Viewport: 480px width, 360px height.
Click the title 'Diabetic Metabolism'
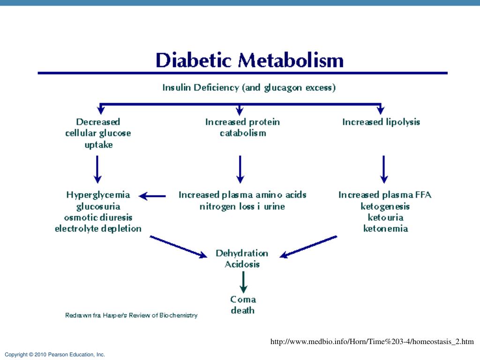pos(249,61)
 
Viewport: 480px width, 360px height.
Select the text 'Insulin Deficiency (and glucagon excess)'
pos(249,87)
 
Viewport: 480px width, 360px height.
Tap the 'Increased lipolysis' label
pos(381,122)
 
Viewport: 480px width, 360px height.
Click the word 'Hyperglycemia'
pos(98,195)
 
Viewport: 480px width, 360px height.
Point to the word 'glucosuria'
pos(98,206)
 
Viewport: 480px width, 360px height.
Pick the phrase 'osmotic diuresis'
pos(98,217)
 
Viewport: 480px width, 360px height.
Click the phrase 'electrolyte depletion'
pos(98,229)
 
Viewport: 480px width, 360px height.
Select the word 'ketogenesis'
pos(385,206)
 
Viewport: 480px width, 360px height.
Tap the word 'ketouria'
pos(385,217)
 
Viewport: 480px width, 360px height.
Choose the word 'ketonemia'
pos(385,229)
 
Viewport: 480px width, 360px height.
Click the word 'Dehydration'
pos(242,253)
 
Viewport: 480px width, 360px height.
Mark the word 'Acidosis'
pos(242,264)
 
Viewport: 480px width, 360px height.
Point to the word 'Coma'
pos(243,299)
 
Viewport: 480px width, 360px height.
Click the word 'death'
pos(243,310)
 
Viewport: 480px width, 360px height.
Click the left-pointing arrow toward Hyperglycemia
pos(153,196)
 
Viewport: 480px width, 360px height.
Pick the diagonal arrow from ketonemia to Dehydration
pos(308,246)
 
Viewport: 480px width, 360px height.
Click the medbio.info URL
pos(372,342)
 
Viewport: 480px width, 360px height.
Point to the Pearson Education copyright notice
pos(55,355)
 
